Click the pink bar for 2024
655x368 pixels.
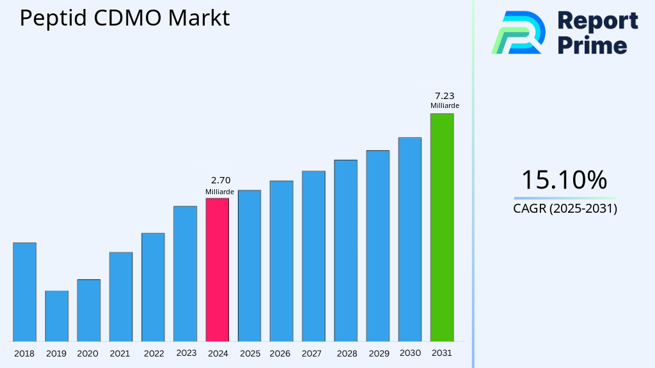[217, 270]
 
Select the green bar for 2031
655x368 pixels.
[441, 227]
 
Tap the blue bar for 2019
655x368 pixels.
[56, 316]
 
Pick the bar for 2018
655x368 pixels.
[24, 292]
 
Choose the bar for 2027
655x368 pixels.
[313, 256]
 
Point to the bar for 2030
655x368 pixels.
[409, 239]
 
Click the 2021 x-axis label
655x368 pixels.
[120, 353]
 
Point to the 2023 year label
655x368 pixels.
[185, 353]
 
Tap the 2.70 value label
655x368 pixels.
[220, 181]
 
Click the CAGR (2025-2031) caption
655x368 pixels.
[565, 208]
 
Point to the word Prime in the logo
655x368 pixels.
[592, 45]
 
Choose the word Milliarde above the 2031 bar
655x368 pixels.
[445, 105]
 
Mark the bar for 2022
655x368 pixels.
[153, 287]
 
